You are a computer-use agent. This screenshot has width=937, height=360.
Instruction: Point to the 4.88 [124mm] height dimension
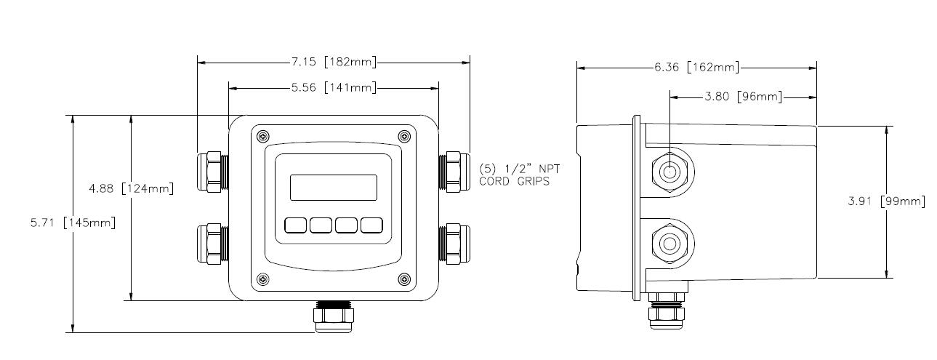(x=130, y=189)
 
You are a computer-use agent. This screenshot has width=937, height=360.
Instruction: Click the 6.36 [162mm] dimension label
(x=696, y=68)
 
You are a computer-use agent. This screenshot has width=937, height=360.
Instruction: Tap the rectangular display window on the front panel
(x=334, y=188)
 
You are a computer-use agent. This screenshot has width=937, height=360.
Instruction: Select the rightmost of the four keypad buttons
(x=371, y=225)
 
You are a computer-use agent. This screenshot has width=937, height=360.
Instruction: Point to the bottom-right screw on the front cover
(x=404, y=278)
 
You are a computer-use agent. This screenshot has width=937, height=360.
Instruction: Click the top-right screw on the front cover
(x=404, y=136)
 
